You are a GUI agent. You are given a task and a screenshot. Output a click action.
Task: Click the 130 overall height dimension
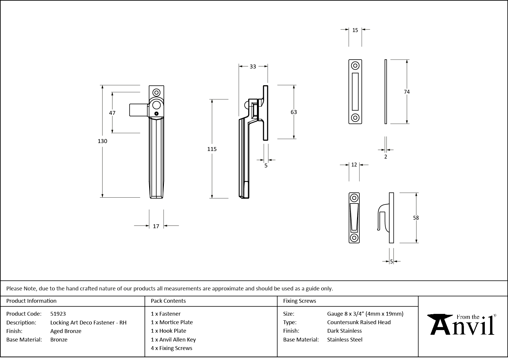click(x=102, y=141)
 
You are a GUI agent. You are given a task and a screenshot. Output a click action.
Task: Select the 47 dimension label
click(x=112, y=113)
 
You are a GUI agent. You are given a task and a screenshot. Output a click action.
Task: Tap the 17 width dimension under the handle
click(x=156, y=226)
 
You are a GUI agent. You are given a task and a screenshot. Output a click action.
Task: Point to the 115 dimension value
click(x=212, y=149)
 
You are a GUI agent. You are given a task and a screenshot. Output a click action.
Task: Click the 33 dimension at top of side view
click(x=253, y=67)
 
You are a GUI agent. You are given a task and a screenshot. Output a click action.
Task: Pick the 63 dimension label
click(x=294, y=112)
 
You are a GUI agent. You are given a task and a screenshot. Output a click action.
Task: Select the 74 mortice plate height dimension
click(x=406, y=92)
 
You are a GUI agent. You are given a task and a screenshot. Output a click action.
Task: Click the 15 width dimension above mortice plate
click(x=355, y=30)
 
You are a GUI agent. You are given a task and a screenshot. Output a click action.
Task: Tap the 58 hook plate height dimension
click(x=416, y=218)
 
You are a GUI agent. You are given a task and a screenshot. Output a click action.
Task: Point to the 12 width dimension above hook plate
click(x=354, y=165)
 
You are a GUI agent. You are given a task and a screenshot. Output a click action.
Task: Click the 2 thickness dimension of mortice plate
click(x=386, y=157)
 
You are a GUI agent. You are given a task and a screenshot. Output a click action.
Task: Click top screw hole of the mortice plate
click(x=355, y=65)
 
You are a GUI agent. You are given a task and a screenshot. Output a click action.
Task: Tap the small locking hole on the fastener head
click(x=157, y=114)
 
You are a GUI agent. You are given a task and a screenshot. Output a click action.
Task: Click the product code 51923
click(x=58, y=314)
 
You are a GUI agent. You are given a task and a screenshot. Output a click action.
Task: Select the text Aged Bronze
click(x=66, y=331)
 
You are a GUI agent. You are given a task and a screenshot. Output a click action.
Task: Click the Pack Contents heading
click(x=168, y=301)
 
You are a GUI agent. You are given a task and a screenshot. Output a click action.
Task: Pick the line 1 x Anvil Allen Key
click(x=173, y=339)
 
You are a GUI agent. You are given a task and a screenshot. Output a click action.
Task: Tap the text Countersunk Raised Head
click(x=359, y=322)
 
